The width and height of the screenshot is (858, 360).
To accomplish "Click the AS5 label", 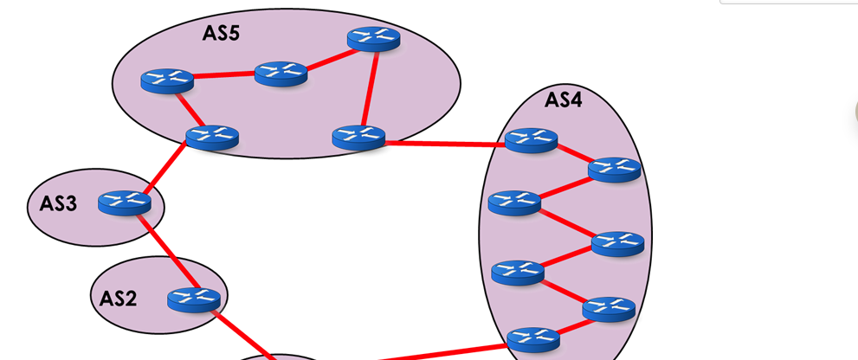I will pyautogui.click(x=221, y=34).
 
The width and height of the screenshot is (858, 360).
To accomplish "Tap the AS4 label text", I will pyautogui.click(x=563, y=100).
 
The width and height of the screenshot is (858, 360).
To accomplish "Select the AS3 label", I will pyautogui.click(x=59, y=204).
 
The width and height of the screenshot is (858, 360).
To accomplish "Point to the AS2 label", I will pyautogui.click(x=119, y=298).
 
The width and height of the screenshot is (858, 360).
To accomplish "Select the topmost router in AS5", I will pyautogui.click(x=373, y=39).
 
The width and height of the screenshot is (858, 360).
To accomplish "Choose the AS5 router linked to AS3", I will pyautogui.click(x=212, y=137).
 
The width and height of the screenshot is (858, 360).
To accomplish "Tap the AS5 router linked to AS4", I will pyautogui.click(x=358, y=137).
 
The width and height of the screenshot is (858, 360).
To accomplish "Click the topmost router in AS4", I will pyautogui.click(x=531, y=140).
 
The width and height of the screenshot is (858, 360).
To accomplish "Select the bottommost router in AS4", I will pyautogui.click(x=532, y=338).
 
